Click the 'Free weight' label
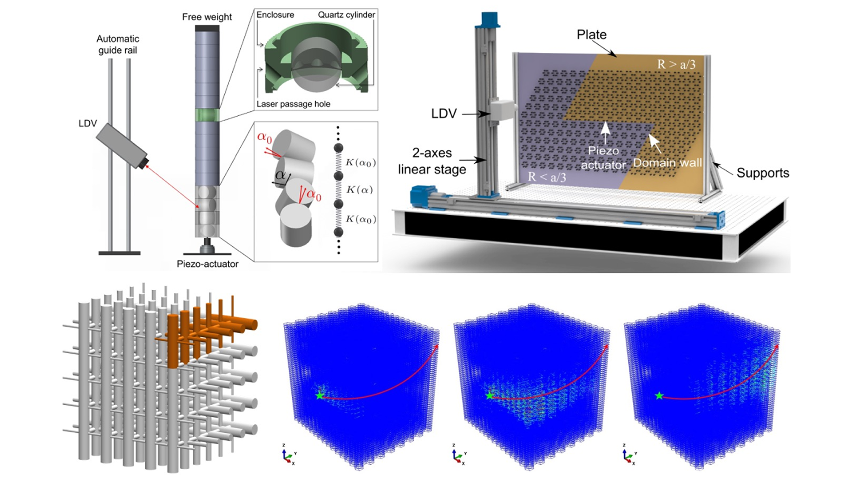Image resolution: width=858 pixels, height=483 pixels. tap(207, 17)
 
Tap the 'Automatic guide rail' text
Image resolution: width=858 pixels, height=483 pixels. tap(118, 44)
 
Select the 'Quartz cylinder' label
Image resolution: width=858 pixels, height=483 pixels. tap(346, 15)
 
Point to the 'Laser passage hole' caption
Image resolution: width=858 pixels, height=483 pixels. tap(293, 104)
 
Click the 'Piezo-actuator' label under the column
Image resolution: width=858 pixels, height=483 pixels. tap(207, 264)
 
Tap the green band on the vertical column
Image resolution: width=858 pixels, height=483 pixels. tap(207, 115)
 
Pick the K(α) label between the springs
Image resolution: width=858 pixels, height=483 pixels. tap(359, 190)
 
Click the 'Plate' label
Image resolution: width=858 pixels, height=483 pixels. tap(592, 34)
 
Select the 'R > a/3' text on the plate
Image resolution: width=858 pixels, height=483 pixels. tap(676, 64)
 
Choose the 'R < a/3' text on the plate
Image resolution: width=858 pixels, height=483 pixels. tap(547, 177)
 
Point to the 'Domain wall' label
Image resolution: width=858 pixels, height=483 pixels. tap(667, 163)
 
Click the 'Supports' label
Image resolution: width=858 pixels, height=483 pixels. tap(763, 173)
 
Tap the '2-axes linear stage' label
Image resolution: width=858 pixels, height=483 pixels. tap(432, 161)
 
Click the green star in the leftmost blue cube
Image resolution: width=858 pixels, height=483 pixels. tap(319, 396)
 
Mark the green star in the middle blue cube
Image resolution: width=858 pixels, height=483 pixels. tap(489, 396)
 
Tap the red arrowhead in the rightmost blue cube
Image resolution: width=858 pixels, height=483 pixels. tap(777, 346)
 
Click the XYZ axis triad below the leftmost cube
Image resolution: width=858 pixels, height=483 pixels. tap(289, 454)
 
